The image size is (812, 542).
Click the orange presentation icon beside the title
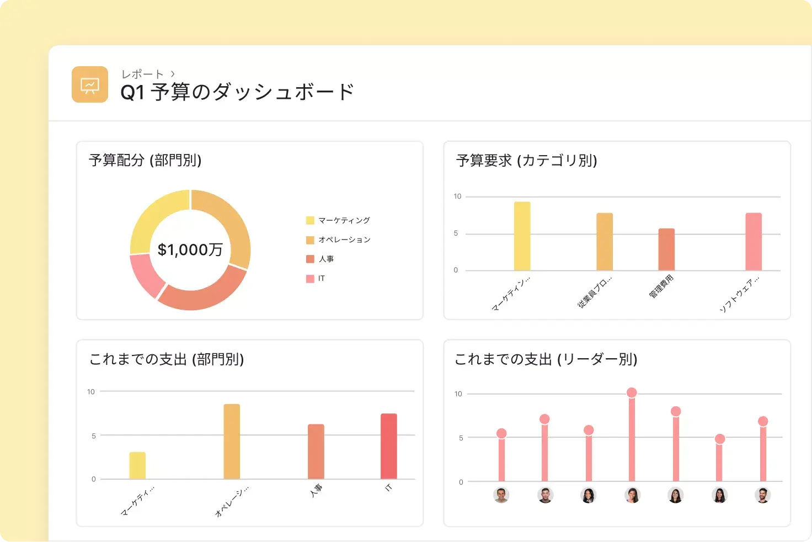[x=89, y=84]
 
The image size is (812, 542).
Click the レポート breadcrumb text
[x=142, y=74]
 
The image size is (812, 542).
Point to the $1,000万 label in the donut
[x=190, y=250]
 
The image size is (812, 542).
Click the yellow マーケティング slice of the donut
[x=154, y=218]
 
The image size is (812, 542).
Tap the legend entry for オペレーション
[x=344, y=240]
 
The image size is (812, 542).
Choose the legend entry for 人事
[x=325, y=259]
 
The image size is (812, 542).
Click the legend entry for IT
[x=321, y=278]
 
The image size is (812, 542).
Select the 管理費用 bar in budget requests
[x=666, y=249]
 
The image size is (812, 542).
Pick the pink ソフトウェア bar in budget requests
[x=754, y=242]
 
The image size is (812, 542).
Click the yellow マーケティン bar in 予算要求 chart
[x=522, y=236]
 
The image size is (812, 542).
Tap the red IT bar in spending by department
[x=389, y=446]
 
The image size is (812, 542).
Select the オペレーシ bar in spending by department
[x=232, y=442]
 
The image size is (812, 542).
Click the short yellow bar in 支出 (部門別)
[x=137, y=465]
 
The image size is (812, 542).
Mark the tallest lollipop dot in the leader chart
[x=632, y=393]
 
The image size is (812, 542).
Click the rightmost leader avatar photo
[x=762, y=495]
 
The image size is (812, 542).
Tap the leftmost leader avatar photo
[x=501, y=495]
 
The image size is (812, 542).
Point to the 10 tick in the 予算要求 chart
[x=457, y=196]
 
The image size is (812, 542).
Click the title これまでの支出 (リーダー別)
[x=546, y=359]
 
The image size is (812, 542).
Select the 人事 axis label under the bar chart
[x=316, y=490]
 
